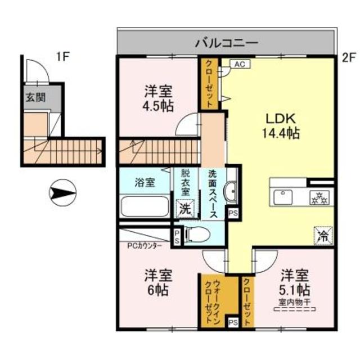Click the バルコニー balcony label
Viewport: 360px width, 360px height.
227,42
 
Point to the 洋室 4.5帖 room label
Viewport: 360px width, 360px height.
158,98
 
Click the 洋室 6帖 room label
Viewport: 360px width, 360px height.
158,283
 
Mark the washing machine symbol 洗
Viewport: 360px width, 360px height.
185,208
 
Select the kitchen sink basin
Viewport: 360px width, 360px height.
282,197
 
